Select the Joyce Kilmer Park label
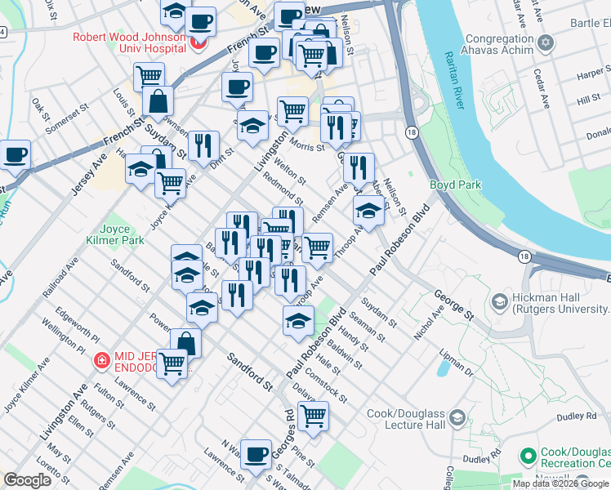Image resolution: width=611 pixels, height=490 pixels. (123, 234)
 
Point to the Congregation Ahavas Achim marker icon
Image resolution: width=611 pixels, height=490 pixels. (546, 42)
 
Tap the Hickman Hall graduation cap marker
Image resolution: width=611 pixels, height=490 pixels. (497, 302)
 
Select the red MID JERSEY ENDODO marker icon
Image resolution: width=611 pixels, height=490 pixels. (101, 359)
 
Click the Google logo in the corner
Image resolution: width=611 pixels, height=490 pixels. (27, 479)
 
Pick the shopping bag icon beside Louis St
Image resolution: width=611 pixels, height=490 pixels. (158, 102)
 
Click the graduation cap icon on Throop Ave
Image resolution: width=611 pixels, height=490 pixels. (368, 211)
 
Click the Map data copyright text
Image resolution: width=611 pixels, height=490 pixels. (560, 483)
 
